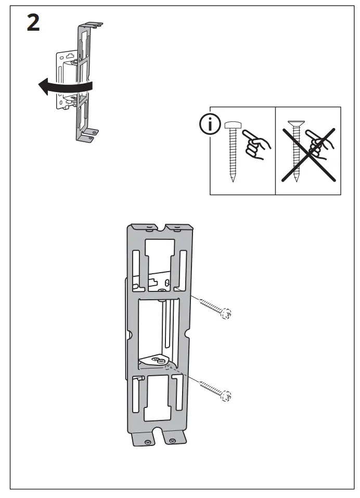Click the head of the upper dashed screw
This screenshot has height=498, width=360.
pyautogui.click(x=226, y=314)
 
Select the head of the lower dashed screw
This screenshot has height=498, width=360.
pyautogui.click(x=227, y=397)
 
